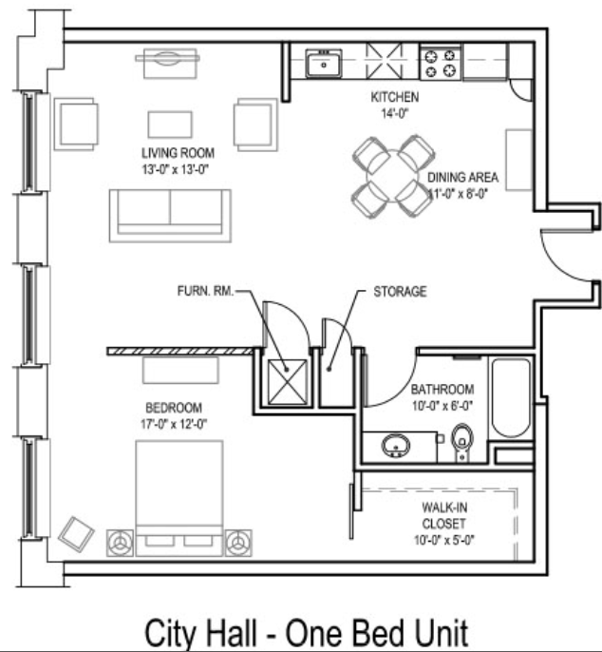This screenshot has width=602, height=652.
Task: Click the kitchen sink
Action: (x=324, y=64)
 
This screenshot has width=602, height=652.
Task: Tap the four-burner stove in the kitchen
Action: (x=441, y=63)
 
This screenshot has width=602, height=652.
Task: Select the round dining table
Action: (x=392, y=177)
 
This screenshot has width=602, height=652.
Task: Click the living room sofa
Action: (x=170, y=216)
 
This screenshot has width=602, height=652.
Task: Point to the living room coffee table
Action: (x=170, y=125)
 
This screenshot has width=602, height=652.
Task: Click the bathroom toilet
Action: (x=462, y=442)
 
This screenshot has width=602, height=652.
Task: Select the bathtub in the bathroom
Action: (x=511, y=397)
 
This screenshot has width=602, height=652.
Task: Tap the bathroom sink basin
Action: (x=396, y=446)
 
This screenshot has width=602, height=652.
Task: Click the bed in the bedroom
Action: (x=179, y=498)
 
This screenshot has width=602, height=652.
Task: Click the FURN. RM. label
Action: (x=205, y=291)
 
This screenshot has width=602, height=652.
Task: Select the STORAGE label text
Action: (x=400, y=292)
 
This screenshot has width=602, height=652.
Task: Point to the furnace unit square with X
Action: (x=288, y=382)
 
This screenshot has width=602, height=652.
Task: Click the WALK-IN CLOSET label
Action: (x=444, y=515)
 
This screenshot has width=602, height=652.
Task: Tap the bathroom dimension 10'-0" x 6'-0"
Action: (x=442, y=406)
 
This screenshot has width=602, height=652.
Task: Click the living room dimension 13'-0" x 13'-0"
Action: (x=175, y=169)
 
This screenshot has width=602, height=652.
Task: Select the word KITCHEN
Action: (x=395, y=97)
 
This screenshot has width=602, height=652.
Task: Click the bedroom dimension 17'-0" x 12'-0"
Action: (x=174, y=424)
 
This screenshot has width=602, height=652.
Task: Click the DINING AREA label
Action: (x=462, y=178)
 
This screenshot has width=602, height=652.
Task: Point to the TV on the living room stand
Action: (x=168, y=58)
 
